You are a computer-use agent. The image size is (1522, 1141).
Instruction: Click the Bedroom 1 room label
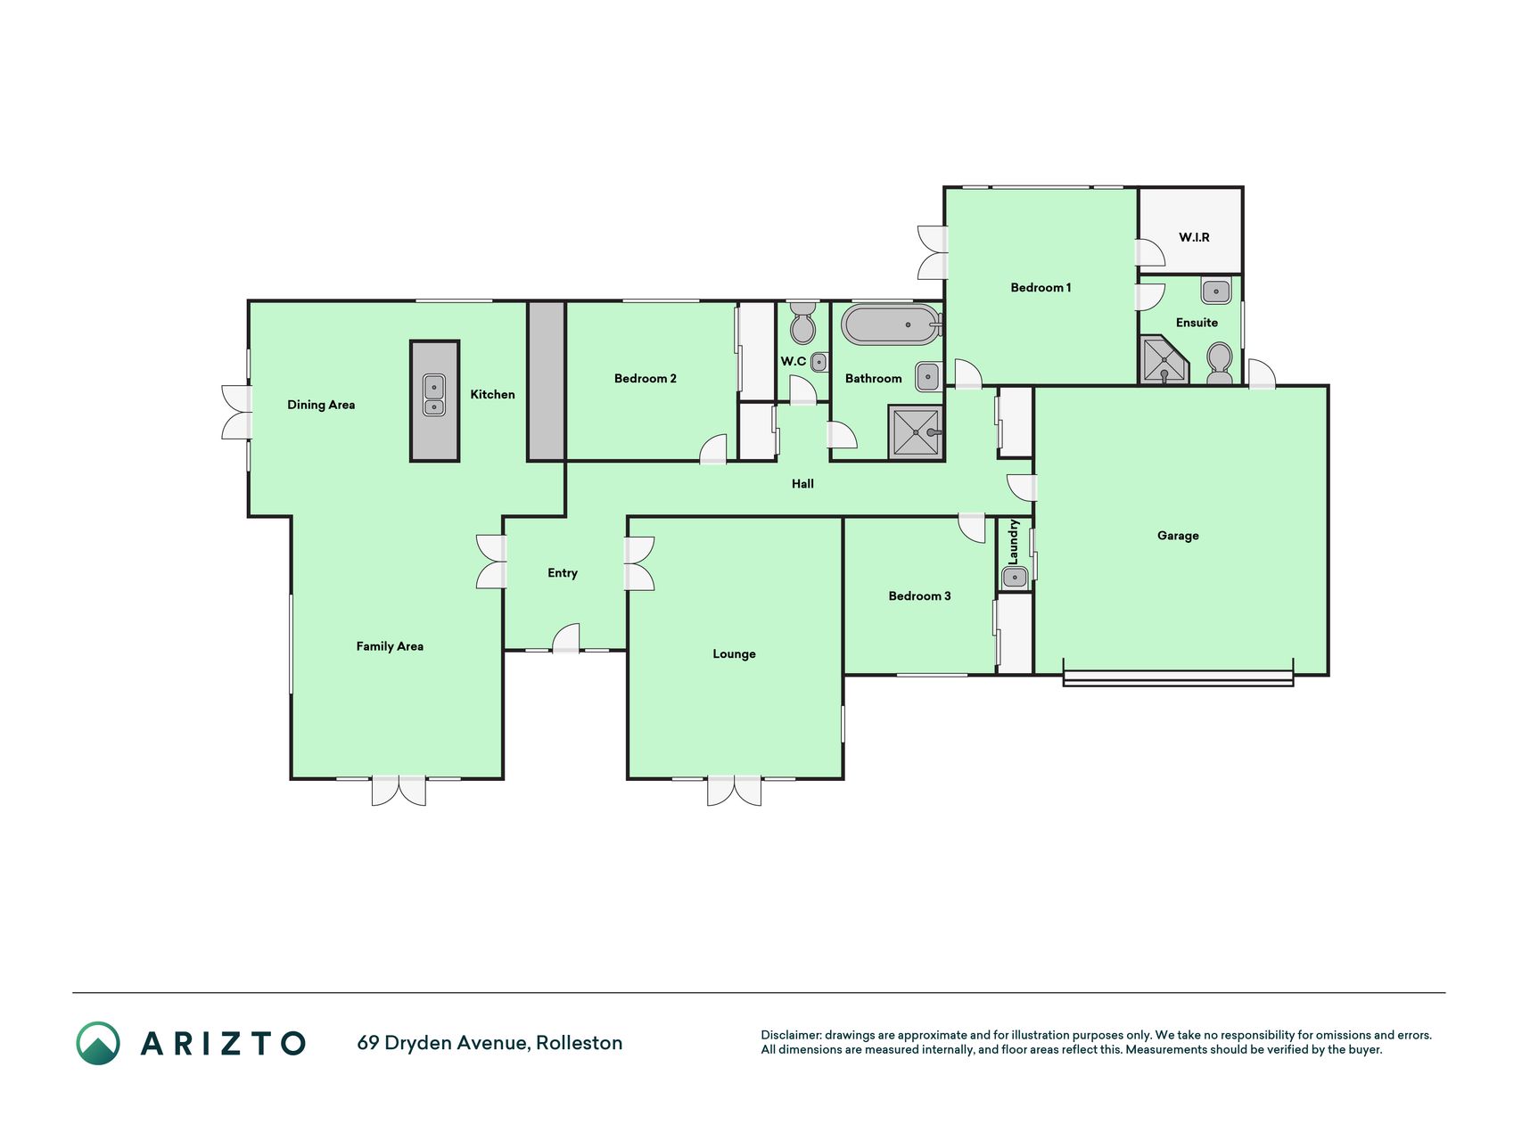(1041, 287)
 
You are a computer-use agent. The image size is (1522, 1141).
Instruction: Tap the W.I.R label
(1194, 237)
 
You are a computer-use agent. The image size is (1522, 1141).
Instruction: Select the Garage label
(1178, 536)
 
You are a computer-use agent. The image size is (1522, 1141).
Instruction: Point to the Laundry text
(1014, 541)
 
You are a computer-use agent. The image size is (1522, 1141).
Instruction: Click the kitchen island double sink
(434, 395)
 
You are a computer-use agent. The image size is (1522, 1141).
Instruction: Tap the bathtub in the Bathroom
(892, 324)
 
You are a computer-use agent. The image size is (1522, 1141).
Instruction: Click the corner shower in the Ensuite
(1164, 360)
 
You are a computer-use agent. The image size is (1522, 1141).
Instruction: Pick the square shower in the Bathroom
(916, 432)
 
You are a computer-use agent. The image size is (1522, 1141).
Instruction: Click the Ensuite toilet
(1219, 364)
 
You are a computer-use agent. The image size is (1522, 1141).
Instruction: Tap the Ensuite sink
(1216, 291)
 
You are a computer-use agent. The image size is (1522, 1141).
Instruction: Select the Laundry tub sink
(1015, 578)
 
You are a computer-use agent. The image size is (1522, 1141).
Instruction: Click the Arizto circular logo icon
(98, 1043)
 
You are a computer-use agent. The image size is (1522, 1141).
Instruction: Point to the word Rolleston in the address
(579, 1043)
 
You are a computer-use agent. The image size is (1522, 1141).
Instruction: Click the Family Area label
(390, 646)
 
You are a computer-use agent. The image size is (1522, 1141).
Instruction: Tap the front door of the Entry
(566, 639)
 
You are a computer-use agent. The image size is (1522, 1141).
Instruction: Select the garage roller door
(1178, 677)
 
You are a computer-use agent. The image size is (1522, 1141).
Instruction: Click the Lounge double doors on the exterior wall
(734, 791)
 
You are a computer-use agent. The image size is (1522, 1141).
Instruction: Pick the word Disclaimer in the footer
(791, 1035)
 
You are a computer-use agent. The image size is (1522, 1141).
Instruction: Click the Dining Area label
(321, 405)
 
